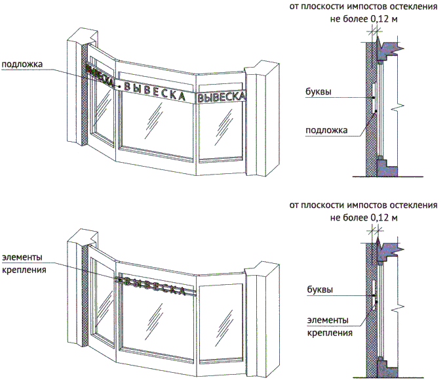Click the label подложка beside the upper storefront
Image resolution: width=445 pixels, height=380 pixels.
click(x=22, y=64)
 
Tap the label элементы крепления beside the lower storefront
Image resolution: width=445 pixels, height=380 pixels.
click(x=24, y=263)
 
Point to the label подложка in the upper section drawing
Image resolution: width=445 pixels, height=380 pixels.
click(x=326, y=130)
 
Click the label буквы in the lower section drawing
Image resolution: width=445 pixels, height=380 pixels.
click(x=319, y=289)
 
